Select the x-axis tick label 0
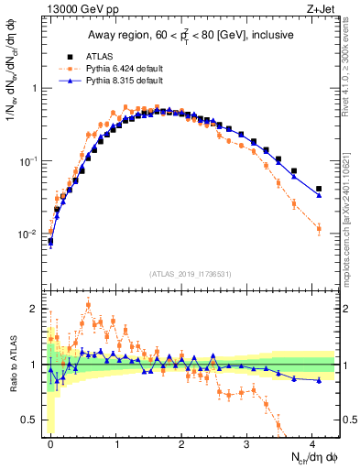pyautogui.click(x=50, y=442)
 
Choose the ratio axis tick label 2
pyautogui.click(x=33, y=308)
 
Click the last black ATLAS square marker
pyautogui.click(x=319, y=189)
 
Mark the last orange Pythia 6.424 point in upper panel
pyautogui.click(x=319, y=228)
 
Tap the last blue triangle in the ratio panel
pyautogui.click(x=319, y=380)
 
